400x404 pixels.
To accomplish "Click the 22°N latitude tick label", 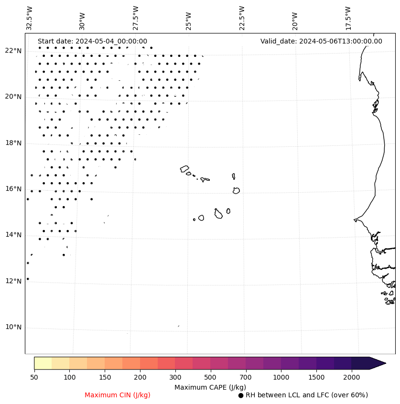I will point(13,51).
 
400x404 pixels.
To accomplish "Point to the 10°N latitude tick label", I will point(13,328).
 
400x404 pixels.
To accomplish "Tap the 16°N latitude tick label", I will point(13,189).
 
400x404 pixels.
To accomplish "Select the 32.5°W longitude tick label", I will point(30,18).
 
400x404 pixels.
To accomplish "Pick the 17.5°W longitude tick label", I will point(348,18).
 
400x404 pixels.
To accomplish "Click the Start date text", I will point(92,41).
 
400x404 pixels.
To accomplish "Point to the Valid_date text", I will point(321,41).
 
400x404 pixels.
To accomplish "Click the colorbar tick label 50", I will point(34,378).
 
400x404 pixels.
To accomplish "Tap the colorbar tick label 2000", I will point(352,378).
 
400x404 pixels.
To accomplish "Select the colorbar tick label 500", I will point(210,378).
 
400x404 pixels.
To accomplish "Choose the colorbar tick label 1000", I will point(281,378).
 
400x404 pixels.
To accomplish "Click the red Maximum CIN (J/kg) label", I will point(118,395).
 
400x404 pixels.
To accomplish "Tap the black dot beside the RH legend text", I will point(241,395).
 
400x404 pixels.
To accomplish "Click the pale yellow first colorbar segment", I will point(43,363).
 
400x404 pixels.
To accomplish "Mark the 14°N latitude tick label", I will point(13,235).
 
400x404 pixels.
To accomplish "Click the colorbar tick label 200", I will point(140,378).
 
